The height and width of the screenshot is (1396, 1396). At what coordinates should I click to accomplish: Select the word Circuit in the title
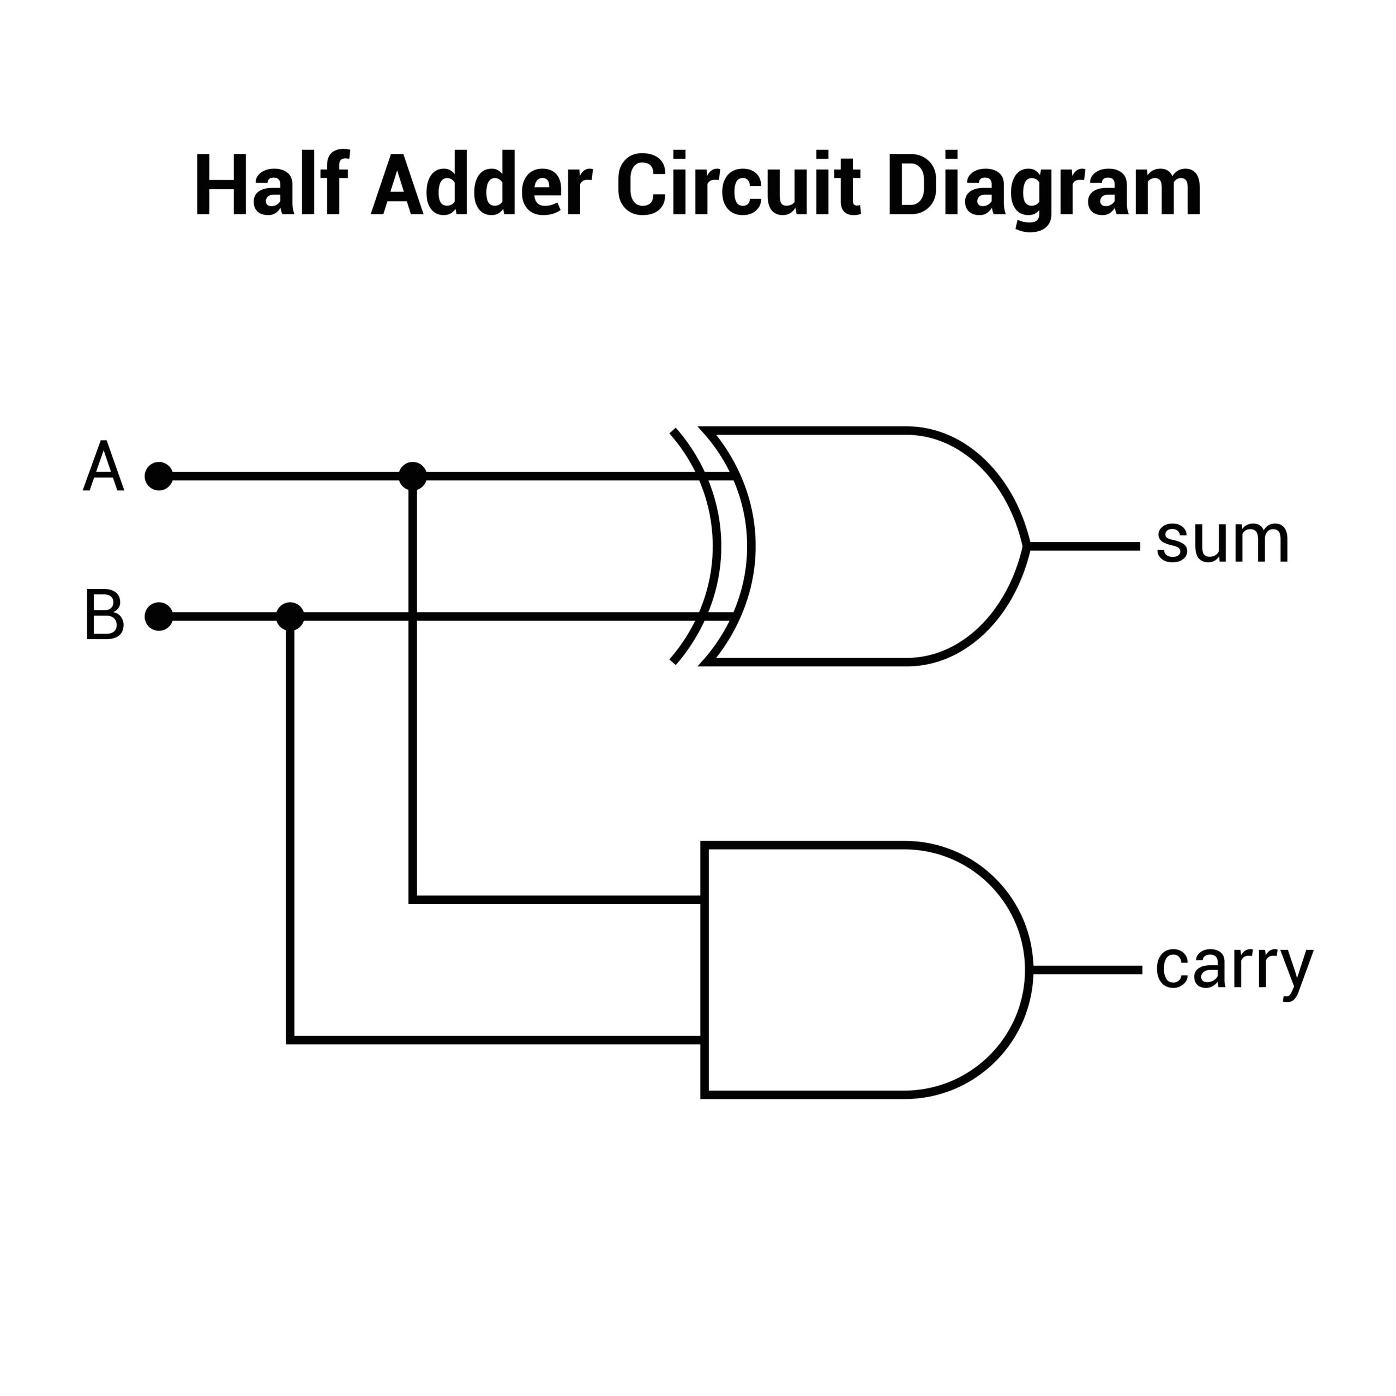click(738, 184)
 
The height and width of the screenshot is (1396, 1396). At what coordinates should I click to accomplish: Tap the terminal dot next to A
click(159, 476)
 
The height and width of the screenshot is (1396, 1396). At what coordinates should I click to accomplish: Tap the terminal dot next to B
click(159, 616)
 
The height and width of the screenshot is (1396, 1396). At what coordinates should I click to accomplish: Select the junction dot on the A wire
click(413, 476)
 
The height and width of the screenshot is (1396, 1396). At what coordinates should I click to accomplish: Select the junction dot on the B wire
click(290, 616)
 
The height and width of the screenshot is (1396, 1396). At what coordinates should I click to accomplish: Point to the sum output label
click(1222, 542)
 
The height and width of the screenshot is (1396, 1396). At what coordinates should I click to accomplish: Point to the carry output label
click(1233, 967)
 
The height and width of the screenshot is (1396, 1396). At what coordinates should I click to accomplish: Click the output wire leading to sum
click(1084, 547)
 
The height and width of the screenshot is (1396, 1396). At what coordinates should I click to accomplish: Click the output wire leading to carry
click(1087, 971)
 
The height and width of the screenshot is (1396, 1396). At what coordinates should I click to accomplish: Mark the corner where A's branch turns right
click(413, 900)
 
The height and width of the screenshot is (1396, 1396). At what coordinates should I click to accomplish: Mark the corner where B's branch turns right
click(290, 1040)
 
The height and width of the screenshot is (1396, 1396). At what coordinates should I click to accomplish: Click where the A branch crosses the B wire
click(413, 616)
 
